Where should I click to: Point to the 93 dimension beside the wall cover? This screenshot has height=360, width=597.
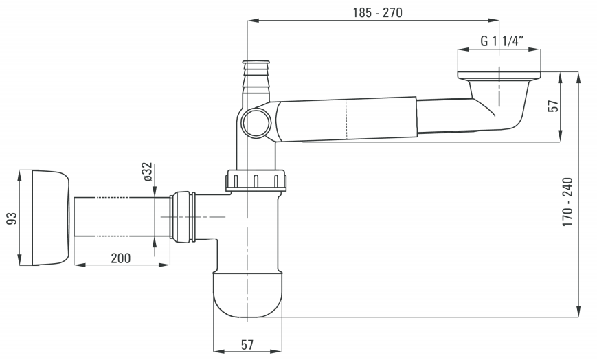click(10, 218)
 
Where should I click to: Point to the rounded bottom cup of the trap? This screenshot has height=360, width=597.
click(247, 294)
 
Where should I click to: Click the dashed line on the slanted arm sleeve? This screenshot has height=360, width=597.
click(346, 117)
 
